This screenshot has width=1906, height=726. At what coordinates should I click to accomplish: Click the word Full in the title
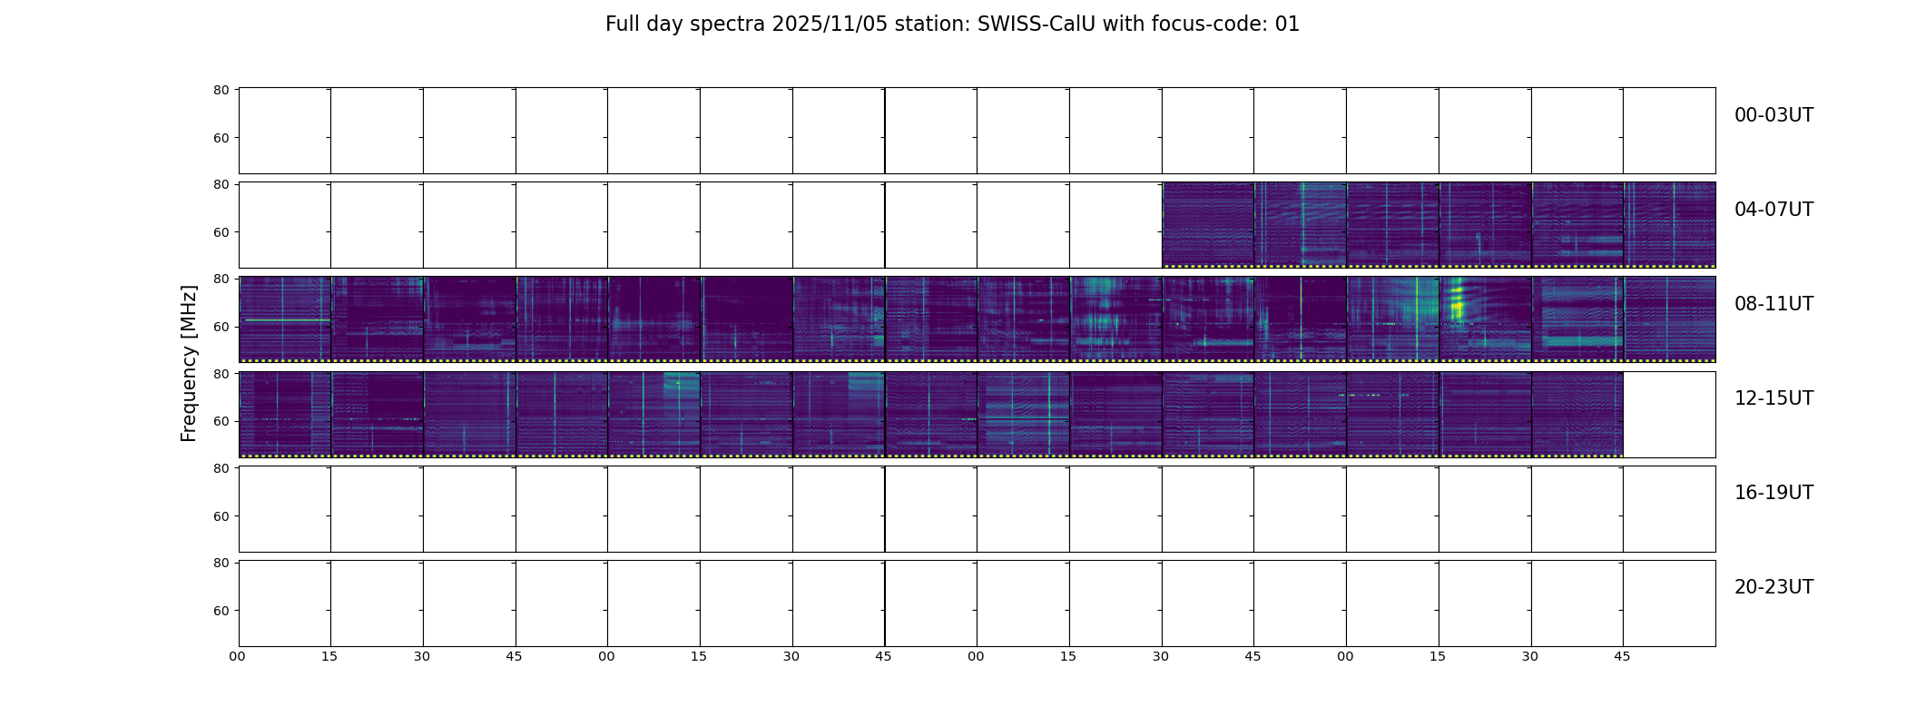pyautogui.click(x=623, y=25)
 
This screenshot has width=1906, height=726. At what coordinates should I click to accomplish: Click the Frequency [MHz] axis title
pyautogui.click(x=189, y=363)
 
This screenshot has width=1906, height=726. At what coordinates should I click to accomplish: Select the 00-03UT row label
pyautogui.click(x=1773, y=115)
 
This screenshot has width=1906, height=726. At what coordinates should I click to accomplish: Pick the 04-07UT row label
pyautogui.click(x=1773, y=210)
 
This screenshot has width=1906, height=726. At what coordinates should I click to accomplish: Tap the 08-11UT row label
pyautogui.click(x=1773, y=304)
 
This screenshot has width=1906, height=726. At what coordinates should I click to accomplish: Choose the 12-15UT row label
pyautogui.click(x=1773, y=398)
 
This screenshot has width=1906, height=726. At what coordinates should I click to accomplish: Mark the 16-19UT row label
pyautogui.click(x=1773, y=493)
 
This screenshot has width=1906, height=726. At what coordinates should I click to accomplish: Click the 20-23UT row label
pyautogui.click(x=1773, y=587)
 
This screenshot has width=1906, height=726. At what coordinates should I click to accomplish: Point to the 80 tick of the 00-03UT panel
pyautogui.click(x=221, y=90)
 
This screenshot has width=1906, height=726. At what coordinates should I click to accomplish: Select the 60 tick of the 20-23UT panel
pyautogui.click(x=221, y=611)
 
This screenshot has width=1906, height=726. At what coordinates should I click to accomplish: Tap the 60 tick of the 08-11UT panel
pyautogui.click(x=221, y=327)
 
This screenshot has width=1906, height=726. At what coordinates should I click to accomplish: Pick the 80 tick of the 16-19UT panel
pyautogui.click(x=221, y=468)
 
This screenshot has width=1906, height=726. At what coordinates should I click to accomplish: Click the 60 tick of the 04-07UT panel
pyautogui.click(x=221, y=232)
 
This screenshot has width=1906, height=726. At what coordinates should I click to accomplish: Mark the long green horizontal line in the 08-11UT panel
pyautogui.click(x=288, y=319)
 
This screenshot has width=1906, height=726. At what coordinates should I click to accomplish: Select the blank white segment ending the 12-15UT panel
pyautogui.click(x=1669, y=414)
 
